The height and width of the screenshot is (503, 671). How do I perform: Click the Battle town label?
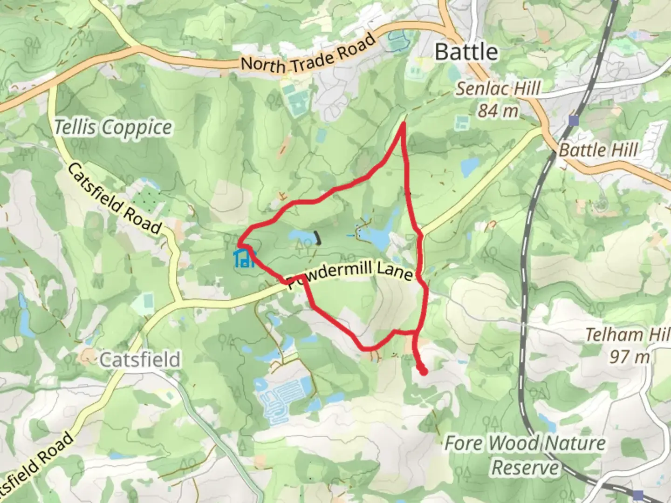[x=466, y=52]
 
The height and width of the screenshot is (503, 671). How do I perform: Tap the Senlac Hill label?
[x=498, y=88]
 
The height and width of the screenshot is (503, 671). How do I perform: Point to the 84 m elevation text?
[x=498, y=111]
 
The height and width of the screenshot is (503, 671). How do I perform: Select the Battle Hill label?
[x=598, y=150]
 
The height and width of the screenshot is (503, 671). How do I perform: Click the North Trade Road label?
[x=308, y=55]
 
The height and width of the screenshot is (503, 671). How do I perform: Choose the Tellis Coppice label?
[x=113, y=127]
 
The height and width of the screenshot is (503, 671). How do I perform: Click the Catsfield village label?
[x=140, y=360]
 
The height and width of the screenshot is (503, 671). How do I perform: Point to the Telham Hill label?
[x=627, y=334]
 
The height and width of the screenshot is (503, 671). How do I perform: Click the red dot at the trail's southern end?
[x=424, y=372]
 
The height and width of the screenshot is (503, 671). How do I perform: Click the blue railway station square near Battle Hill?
[x=574, y=121]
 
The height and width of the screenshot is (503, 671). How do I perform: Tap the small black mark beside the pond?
[x=318, y=238]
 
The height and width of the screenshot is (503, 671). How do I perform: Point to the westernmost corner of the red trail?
[x=239, y=244]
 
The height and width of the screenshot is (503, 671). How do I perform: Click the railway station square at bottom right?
[x=638, y=495]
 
